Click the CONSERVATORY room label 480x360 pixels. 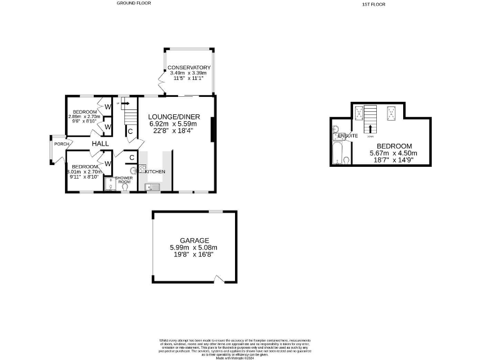(189, 67)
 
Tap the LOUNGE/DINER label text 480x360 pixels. (174, 117)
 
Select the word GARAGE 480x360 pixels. (194, 241)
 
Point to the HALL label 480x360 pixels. (101, 144)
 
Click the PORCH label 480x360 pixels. (62, 144)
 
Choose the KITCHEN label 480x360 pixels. (155, 171)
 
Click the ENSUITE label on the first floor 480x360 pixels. (347, 136)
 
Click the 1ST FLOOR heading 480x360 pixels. (374, 4)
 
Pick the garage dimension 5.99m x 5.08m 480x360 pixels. (194, 247)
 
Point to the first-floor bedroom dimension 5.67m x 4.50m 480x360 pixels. (394, 153)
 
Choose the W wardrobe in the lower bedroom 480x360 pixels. (107, 164)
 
